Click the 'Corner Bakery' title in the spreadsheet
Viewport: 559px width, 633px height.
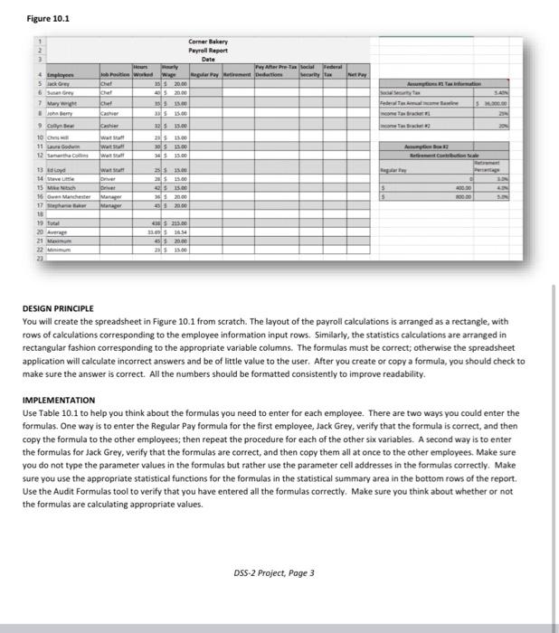(208, 43)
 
